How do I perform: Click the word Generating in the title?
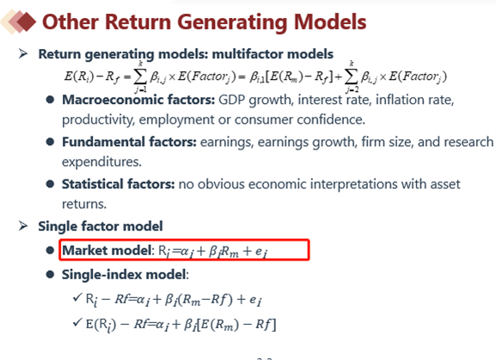coord(232,22)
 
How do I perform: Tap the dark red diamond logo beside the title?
coord(27,21)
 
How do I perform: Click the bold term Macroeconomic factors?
coord(138,100)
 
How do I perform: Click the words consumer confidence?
coord(299,119)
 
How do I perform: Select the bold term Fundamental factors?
coord(129,142)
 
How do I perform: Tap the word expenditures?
coord(101,162)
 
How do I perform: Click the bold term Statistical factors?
coord(118,184)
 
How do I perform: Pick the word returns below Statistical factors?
coord(84,204)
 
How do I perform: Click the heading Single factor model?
coord(101,226)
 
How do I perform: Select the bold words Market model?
coord(107,250)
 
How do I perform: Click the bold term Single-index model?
coord(124,274)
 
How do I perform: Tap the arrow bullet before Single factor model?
coord(23,226)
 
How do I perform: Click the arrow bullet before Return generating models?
coord(23,54)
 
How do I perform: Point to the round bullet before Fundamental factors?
coord(50,142)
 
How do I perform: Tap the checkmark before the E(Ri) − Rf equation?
coord(77,322)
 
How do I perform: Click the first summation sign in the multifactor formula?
coord(140,76)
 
